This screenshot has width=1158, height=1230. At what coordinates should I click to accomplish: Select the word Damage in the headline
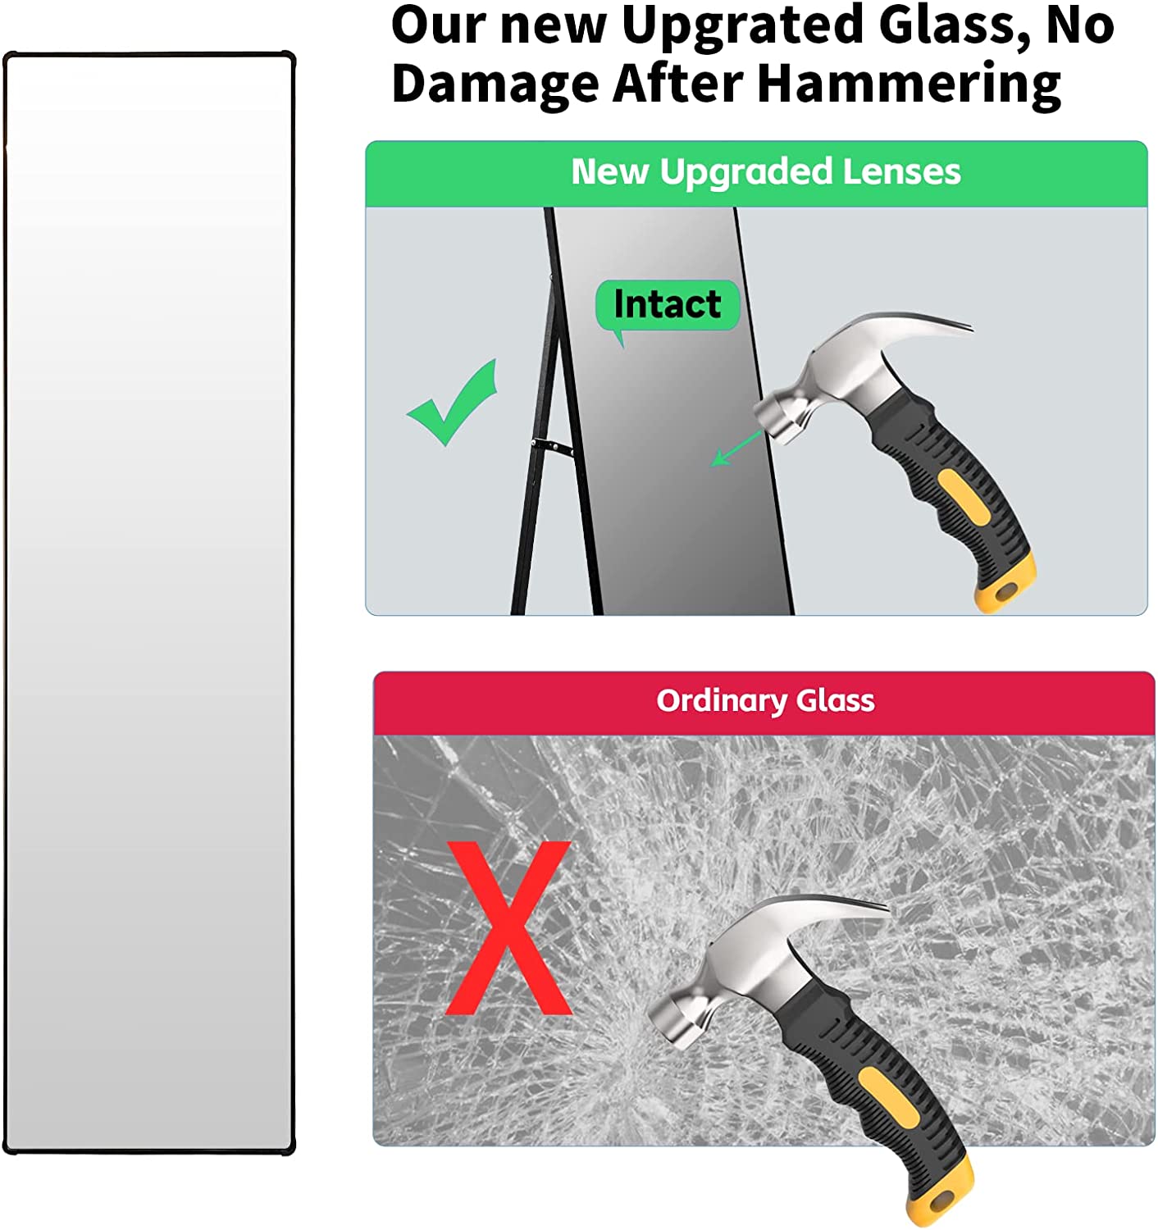coord(495,85)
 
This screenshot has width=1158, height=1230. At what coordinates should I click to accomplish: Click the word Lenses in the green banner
coord(900,171)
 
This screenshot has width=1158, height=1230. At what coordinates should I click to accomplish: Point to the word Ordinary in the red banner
coord(721,702)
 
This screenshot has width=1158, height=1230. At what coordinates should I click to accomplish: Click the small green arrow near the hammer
coord(736,449)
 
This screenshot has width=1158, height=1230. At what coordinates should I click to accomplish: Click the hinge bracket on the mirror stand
coord(551,445)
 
